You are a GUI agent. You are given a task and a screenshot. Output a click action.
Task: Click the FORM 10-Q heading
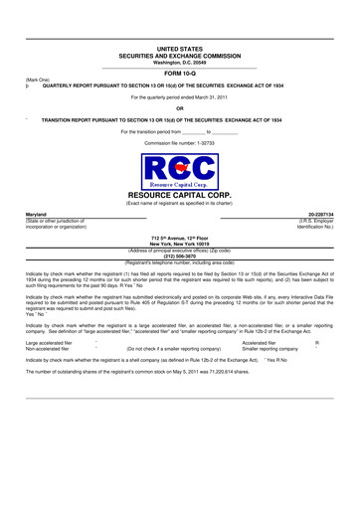click(179, 73)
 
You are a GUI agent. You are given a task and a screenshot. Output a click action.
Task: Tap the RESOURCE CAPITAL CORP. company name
click(179, 197)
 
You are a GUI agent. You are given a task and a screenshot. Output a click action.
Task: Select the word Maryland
click(38, 214)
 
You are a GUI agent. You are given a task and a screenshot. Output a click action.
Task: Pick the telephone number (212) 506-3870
click(179, 255)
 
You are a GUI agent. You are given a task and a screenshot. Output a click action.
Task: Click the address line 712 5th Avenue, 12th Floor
click(179, 239)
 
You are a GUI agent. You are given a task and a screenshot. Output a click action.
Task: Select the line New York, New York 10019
click(179, 245)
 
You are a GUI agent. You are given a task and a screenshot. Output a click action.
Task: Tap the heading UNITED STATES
click(179, 48)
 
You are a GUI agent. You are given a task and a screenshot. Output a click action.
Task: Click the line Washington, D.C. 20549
click(179, 62)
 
